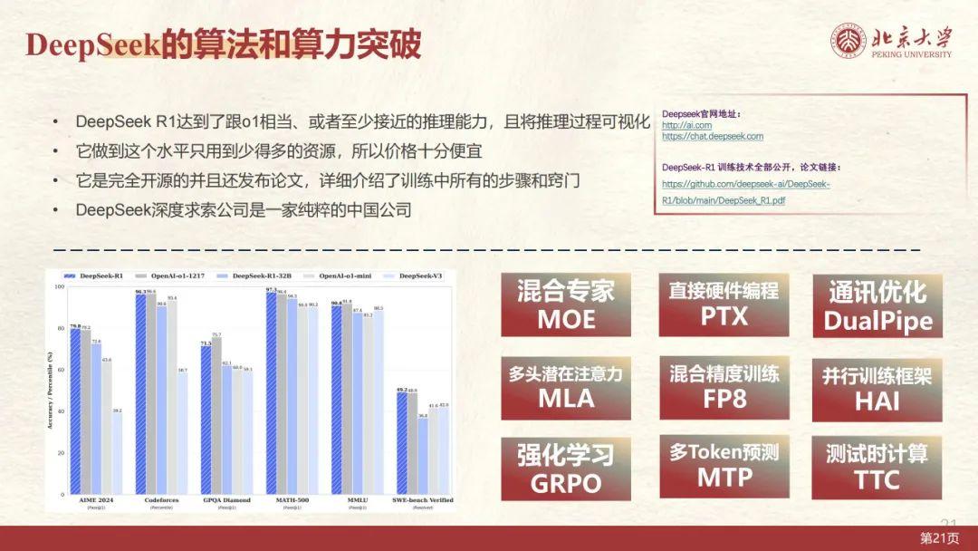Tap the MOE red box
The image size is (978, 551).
click(566, 304)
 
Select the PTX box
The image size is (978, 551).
click(724, 304)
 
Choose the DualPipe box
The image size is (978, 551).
click(877, 305)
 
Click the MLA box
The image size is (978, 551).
click(566, 387)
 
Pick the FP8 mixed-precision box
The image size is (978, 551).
click(724, 387)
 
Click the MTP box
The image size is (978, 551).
click(724, 466)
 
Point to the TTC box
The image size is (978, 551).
click(877, 468)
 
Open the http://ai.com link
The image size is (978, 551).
click(686, 125)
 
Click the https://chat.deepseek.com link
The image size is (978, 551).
click(712, 137)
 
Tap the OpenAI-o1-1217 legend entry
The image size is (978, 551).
click(165, 275)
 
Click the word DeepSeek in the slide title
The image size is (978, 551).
click(92, 45)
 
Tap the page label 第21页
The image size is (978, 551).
click(939, 538)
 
